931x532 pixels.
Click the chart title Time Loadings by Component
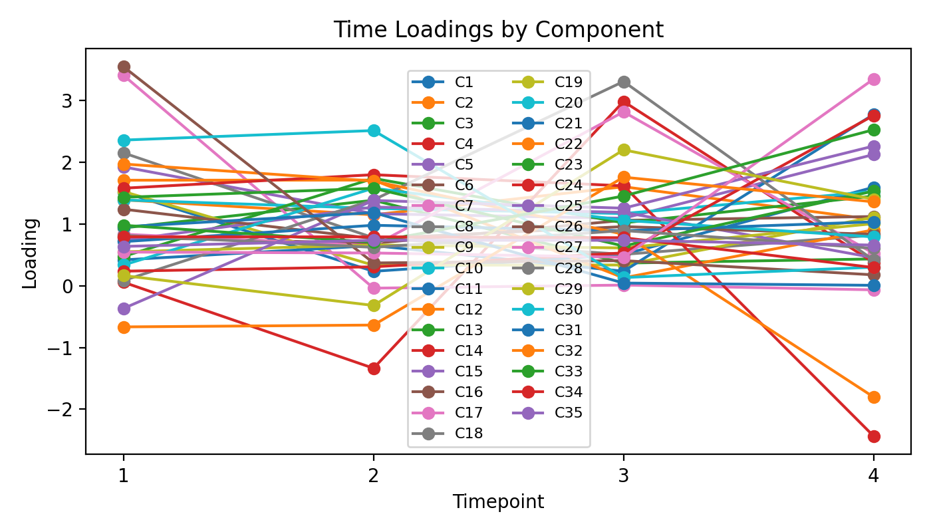[x=498, y=30]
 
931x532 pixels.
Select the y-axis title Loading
[x=30, y=252]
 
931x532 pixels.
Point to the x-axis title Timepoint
[x=498, y=502]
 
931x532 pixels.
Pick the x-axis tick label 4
[x=873, y=476]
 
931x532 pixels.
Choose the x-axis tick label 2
[x=374, y=476]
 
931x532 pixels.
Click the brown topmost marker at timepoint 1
[x=124, y=66]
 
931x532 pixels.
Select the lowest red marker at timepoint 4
[x=873, y=436]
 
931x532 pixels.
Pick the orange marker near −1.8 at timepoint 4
[x=873, y=397]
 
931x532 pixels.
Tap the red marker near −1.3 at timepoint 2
[x=374, y=368]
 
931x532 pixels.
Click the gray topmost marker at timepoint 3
[x=624, y=82]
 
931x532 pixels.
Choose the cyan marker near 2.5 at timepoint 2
[x=374, y=130]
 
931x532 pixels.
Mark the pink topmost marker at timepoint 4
[x=873, y=79]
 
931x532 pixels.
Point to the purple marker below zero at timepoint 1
[x=124, y=309]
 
